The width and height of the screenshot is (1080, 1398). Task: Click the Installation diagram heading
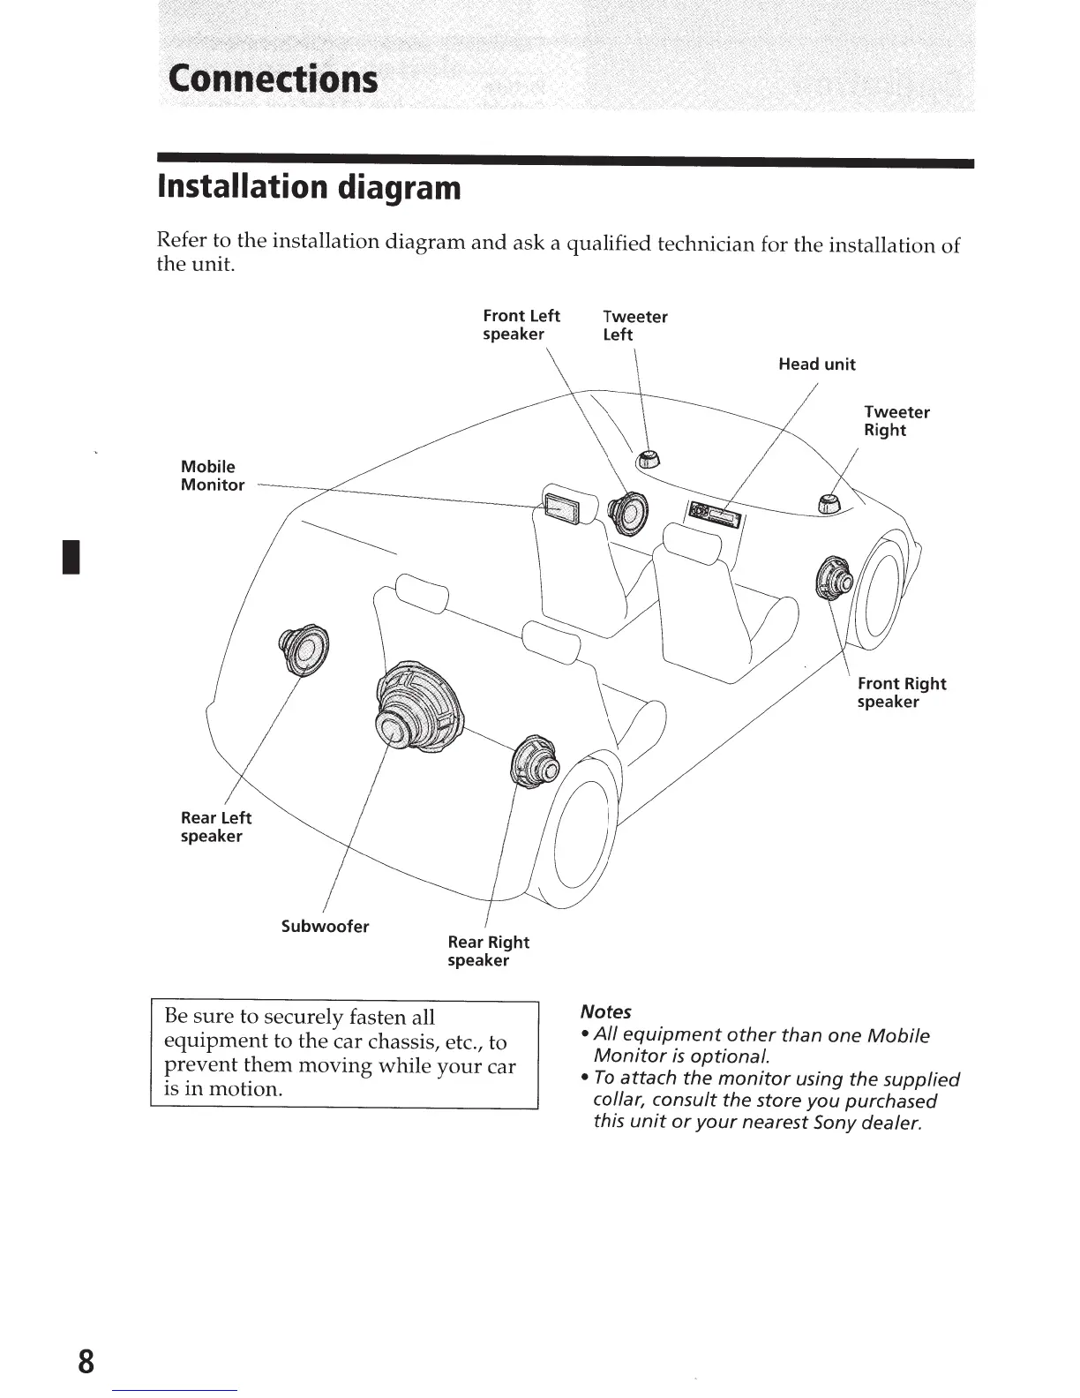pos(309,187)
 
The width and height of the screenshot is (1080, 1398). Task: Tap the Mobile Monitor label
pos(212,476)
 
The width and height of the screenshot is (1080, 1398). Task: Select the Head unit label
pos(816,365)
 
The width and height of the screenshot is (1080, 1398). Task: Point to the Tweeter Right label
pos(896,421)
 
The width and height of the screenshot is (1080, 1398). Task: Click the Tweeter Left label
pos(634,325)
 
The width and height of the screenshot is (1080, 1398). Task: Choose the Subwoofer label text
pos(325,926)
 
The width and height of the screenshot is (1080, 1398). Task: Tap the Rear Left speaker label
pos(215,827)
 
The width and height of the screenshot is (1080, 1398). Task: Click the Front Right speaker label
pos(901,693)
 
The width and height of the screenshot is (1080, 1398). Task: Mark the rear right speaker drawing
pos(535,760)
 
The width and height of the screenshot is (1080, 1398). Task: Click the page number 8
pos(86,1361)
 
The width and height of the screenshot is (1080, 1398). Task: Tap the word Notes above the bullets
pos(605,1011)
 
